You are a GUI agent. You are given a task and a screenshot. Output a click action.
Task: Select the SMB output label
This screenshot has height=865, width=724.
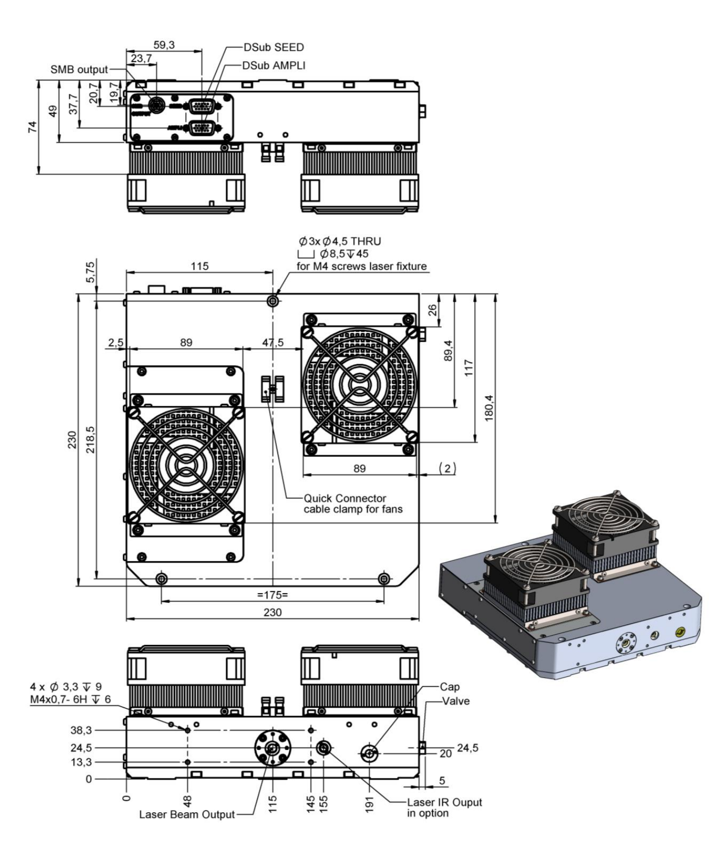click(79, 70)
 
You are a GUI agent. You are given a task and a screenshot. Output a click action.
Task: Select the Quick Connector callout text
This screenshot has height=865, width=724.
click(344, 498)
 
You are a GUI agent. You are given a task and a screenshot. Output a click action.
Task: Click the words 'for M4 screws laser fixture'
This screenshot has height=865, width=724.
click(361, 266)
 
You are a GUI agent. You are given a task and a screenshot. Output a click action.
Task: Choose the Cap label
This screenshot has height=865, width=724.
click(450, 687)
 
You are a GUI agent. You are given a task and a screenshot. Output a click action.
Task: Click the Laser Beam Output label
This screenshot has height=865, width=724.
click(187, 829)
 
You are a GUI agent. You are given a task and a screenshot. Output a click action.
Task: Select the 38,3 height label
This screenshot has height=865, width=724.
click(81, 731)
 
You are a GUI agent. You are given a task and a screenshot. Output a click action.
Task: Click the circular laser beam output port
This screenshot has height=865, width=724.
click(272, 748)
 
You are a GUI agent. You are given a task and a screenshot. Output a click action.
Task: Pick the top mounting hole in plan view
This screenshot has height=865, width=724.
click(273, 301)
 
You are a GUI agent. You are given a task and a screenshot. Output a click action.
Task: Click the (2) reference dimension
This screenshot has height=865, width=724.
click(447, 469)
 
